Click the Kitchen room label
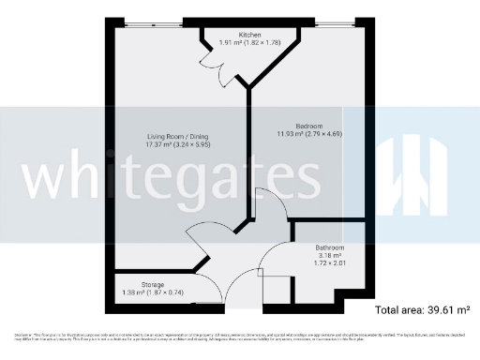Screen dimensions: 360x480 pos(248,34)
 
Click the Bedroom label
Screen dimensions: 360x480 pos(308,126)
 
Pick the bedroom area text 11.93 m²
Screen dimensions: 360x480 pos(291,134)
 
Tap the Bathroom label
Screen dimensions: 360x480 pos(329,247)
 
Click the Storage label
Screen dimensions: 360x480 pos(153,284)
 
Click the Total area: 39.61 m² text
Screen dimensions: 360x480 pos(422,309)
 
